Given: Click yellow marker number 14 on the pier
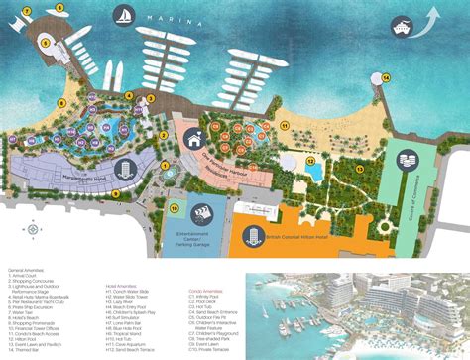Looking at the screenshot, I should coord(386,76).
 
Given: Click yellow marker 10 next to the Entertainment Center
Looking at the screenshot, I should coord(175,208).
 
